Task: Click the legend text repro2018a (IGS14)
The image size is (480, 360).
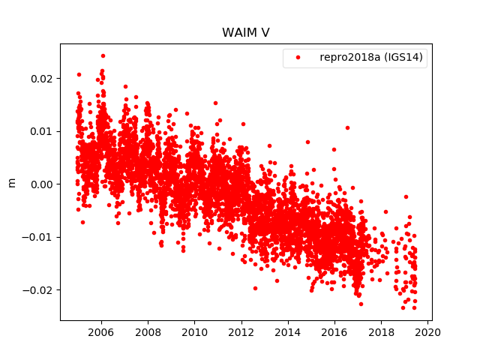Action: coord(373,58)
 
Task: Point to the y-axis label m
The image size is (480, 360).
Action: coord(11,182)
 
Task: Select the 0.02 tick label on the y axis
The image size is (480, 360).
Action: coord(43,79)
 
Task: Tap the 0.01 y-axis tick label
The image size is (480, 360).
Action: coord(43,131)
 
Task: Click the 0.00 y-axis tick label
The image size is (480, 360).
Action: coord(43,184)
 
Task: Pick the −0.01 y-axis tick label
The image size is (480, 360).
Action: coord(40,237)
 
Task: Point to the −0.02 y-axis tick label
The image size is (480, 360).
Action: coord(40,290)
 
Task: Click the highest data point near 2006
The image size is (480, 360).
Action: coord(103,55)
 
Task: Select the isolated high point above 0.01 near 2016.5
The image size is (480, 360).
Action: coord(347,127)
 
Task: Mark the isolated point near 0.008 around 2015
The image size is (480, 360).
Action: coord(307,142)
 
